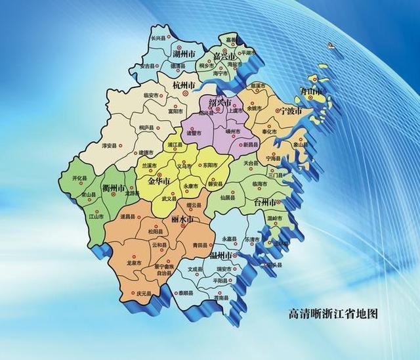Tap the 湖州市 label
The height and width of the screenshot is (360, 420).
point(184,52)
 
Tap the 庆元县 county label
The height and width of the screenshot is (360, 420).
point(144,293)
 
